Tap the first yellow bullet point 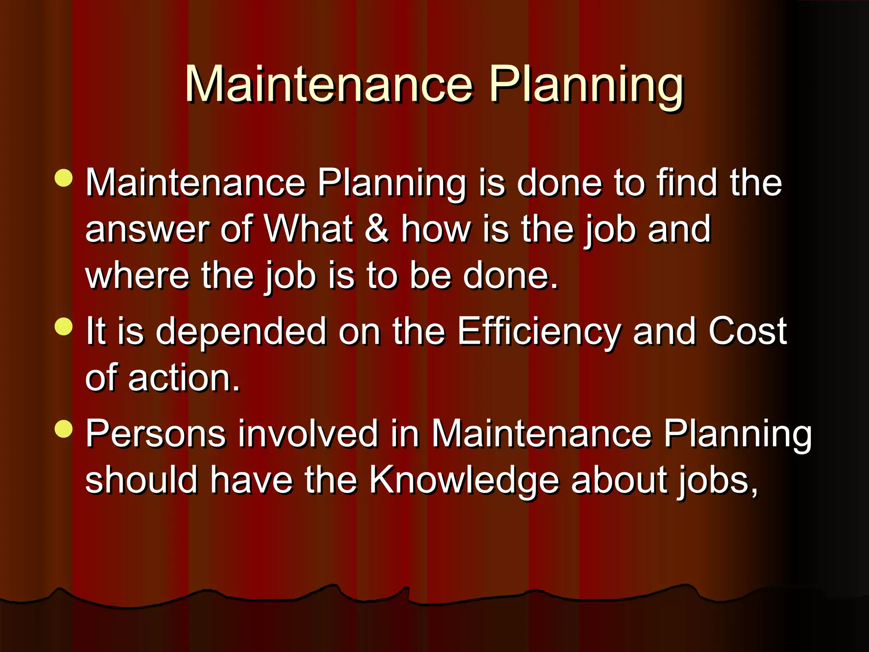(x=64, y=178)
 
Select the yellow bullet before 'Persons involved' (x=64, y=429)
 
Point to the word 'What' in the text (x=308, y=229)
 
